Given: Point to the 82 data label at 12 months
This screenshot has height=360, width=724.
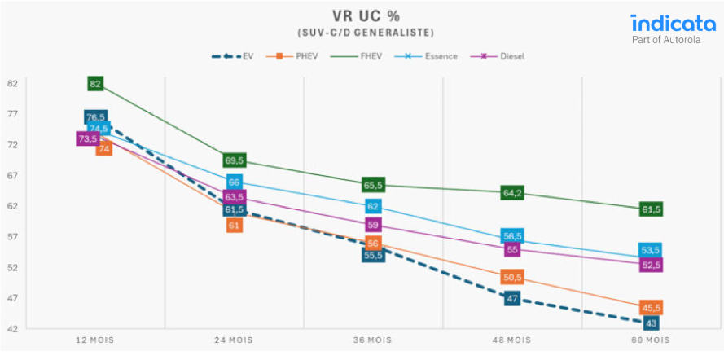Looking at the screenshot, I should tap(95, 84).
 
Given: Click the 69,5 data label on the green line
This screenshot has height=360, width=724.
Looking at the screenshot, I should tap(235, 161).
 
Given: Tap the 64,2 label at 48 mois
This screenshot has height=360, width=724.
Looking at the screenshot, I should tap(513, 193).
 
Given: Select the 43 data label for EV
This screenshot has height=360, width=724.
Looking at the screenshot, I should tap(651, 323).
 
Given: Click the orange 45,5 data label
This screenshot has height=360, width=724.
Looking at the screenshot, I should tap(651, 307).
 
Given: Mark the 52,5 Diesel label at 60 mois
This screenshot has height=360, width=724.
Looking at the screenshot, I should tap(651, 266).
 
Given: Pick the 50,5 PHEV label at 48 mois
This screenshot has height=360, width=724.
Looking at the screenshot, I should tap(513, 278).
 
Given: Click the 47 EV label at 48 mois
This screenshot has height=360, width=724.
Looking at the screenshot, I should tap(513, 299).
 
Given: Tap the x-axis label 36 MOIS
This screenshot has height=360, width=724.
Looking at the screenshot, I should tap(373, 339).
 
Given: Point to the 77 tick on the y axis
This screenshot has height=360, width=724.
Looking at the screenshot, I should tap(13, 114).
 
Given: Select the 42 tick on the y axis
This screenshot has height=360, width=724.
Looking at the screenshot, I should tap(13, 329).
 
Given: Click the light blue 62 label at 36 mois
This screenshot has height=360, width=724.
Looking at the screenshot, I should tap(373, 207).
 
